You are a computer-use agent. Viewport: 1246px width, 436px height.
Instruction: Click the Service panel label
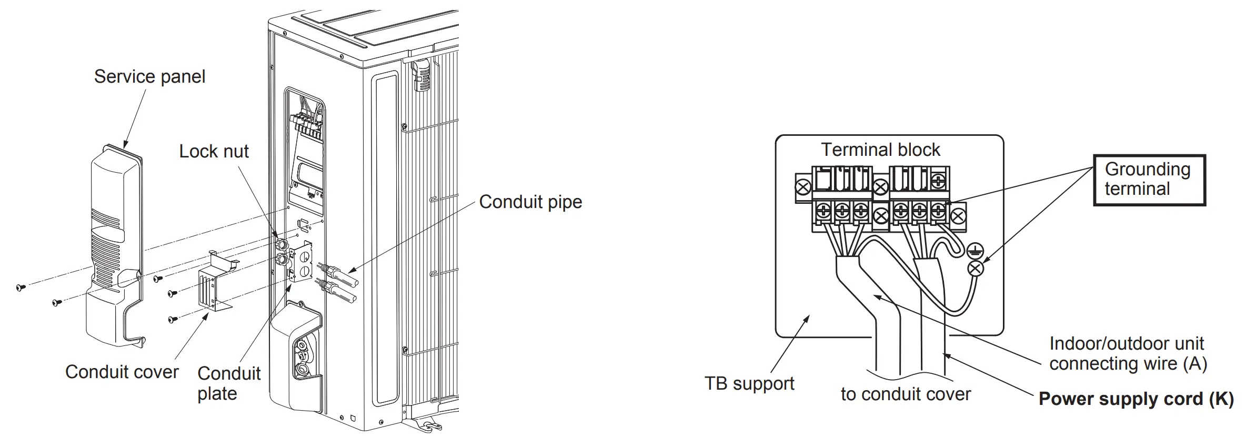[149, 77]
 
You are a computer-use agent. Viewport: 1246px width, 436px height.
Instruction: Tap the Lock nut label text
[214, 152]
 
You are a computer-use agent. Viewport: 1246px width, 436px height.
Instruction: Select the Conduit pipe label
[530, 202]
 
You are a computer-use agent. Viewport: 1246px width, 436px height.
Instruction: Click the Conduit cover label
[122, 372]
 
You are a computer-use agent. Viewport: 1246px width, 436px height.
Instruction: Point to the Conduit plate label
[228, 383]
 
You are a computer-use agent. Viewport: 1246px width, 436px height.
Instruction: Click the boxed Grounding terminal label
[1149, 180]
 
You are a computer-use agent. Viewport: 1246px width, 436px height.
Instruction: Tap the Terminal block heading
[880, 150]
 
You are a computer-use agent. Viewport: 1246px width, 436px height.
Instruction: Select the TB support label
[749, 384]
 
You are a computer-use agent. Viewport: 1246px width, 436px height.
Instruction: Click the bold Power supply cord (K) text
[1136, 399]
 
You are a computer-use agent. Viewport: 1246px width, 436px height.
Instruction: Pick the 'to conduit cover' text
[905, 394]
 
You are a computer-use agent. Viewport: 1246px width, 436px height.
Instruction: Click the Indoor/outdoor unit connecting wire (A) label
[1128, 354]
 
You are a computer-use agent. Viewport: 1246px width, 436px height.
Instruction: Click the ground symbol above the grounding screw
[975, 251]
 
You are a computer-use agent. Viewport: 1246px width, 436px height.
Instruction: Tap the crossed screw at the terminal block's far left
[803, 187]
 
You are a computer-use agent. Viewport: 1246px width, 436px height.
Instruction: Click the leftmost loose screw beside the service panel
[21, 287]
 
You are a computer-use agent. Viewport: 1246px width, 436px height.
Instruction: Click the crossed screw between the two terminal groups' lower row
[880, 215]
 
